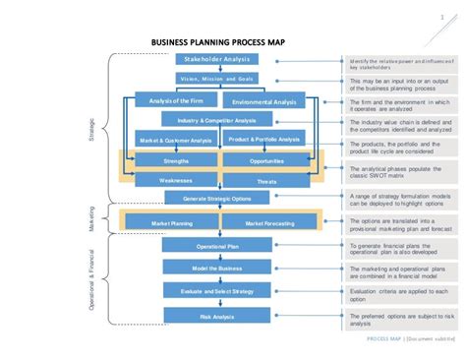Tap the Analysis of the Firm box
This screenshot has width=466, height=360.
coord(175,100)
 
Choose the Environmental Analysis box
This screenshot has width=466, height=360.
coord(262,101)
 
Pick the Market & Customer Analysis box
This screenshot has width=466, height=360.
coord(175,140)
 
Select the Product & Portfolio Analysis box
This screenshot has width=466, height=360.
coord(262,139)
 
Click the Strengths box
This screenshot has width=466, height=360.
coord(176,160)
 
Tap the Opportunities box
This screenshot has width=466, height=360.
coord(266,160)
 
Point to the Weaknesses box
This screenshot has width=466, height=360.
coord(176,180)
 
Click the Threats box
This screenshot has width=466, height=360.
coord(266,181)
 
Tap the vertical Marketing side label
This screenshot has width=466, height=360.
coord(92,218)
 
